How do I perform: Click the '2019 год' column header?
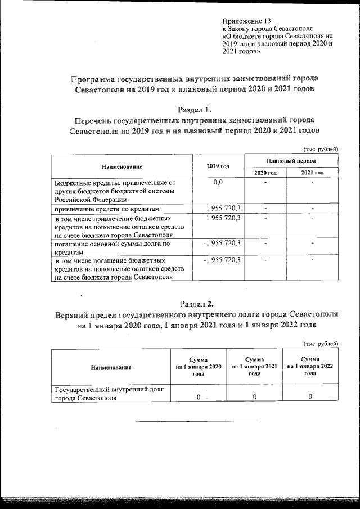(218, 167)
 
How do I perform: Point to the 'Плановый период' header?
(290, 161)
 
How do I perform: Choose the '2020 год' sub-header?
(265, 172)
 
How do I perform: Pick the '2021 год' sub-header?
(312, 172)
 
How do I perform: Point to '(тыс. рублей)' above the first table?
(321, 149)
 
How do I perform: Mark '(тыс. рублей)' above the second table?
(321, 344)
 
